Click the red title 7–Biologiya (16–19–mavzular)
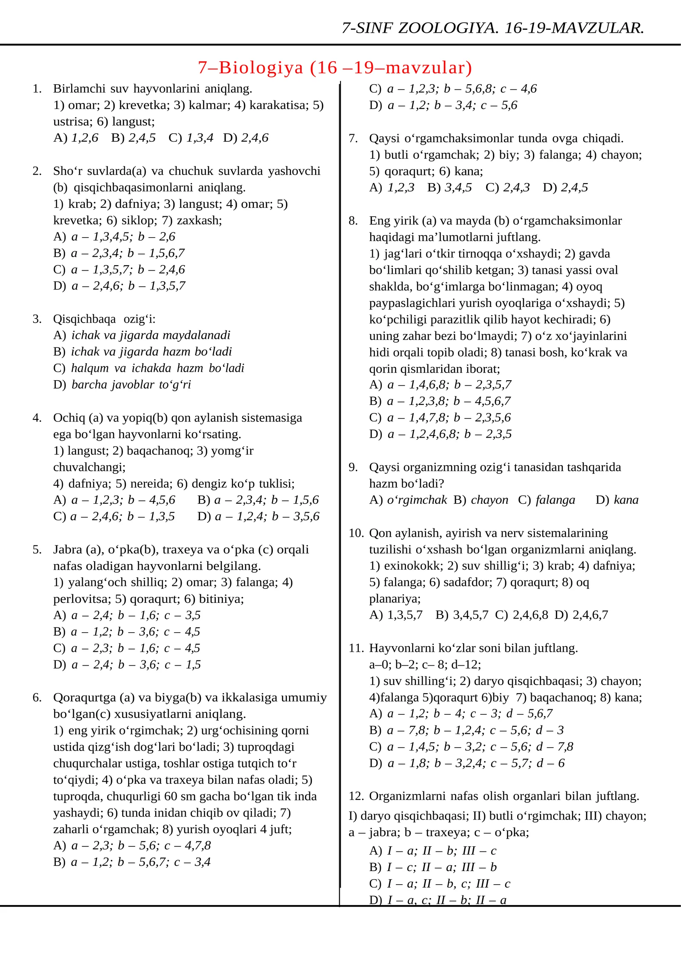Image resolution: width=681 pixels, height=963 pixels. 335,68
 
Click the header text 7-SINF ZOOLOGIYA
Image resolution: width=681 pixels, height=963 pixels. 419,28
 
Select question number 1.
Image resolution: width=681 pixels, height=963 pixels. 37,89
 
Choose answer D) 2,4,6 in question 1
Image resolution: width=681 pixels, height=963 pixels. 246,138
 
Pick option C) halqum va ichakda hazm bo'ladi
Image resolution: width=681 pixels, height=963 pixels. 149,368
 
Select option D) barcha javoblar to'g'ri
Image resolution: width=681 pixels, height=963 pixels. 122,385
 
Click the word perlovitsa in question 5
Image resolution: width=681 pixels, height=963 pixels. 81,599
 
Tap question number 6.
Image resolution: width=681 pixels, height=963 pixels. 37,698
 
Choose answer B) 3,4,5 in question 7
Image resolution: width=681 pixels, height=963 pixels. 449,188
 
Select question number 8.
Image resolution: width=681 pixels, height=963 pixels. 353,221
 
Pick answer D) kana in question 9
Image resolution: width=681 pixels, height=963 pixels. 617,500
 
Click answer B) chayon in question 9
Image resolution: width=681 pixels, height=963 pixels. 481,500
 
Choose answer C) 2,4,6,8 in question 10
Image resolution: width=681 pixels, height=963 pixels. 521,615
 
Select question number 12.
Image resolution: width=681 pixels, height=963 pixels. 356,796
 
